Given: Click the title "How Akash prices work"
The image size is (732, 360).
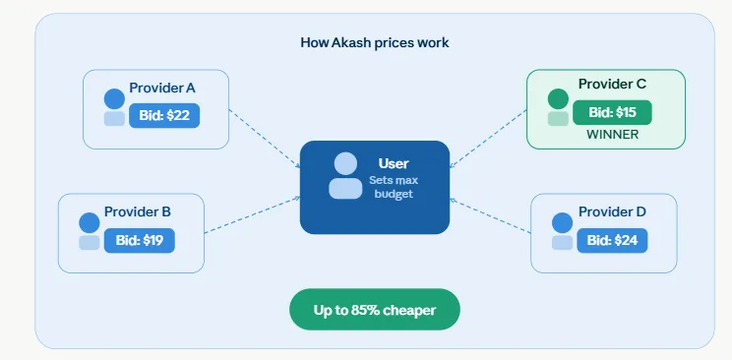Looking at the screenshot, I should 374,43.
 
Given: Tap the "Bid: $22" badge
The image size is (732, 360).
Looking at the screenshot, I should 165,116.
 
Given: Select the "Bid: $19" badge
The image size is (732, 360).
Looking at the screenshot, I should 139,240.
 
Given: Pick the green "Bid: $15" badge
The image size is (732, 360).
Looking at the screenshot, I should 612,112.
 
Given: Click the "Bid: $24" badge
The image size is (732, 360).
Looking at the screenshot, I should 612,240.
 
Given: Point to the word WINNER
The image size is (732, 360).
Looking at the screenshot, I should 612,135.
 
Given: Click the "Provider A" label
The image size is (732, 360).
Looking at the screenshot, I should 162,89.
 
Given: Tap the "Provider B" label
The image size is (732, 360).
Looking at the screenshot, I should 138,211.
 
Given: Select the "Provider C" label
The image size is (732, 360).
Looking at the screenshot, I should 612,85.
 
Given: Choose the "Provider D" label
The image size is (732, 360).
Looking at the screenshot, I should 612,211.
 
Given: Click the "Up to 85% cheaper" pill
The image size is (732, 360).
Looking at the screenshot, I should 375,310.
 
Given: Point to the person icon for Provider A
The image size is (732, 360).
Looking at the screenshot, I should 114,107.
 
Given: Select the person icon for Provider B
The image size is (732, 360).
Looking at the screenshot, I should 90,231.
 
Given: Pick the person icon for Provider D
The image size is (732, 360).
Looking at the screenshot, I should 562,231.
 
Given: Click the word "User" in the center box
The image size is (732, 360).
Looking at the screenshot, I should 393,163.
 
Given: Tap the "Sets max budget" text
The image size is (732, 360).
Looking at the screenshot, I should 392,187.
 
